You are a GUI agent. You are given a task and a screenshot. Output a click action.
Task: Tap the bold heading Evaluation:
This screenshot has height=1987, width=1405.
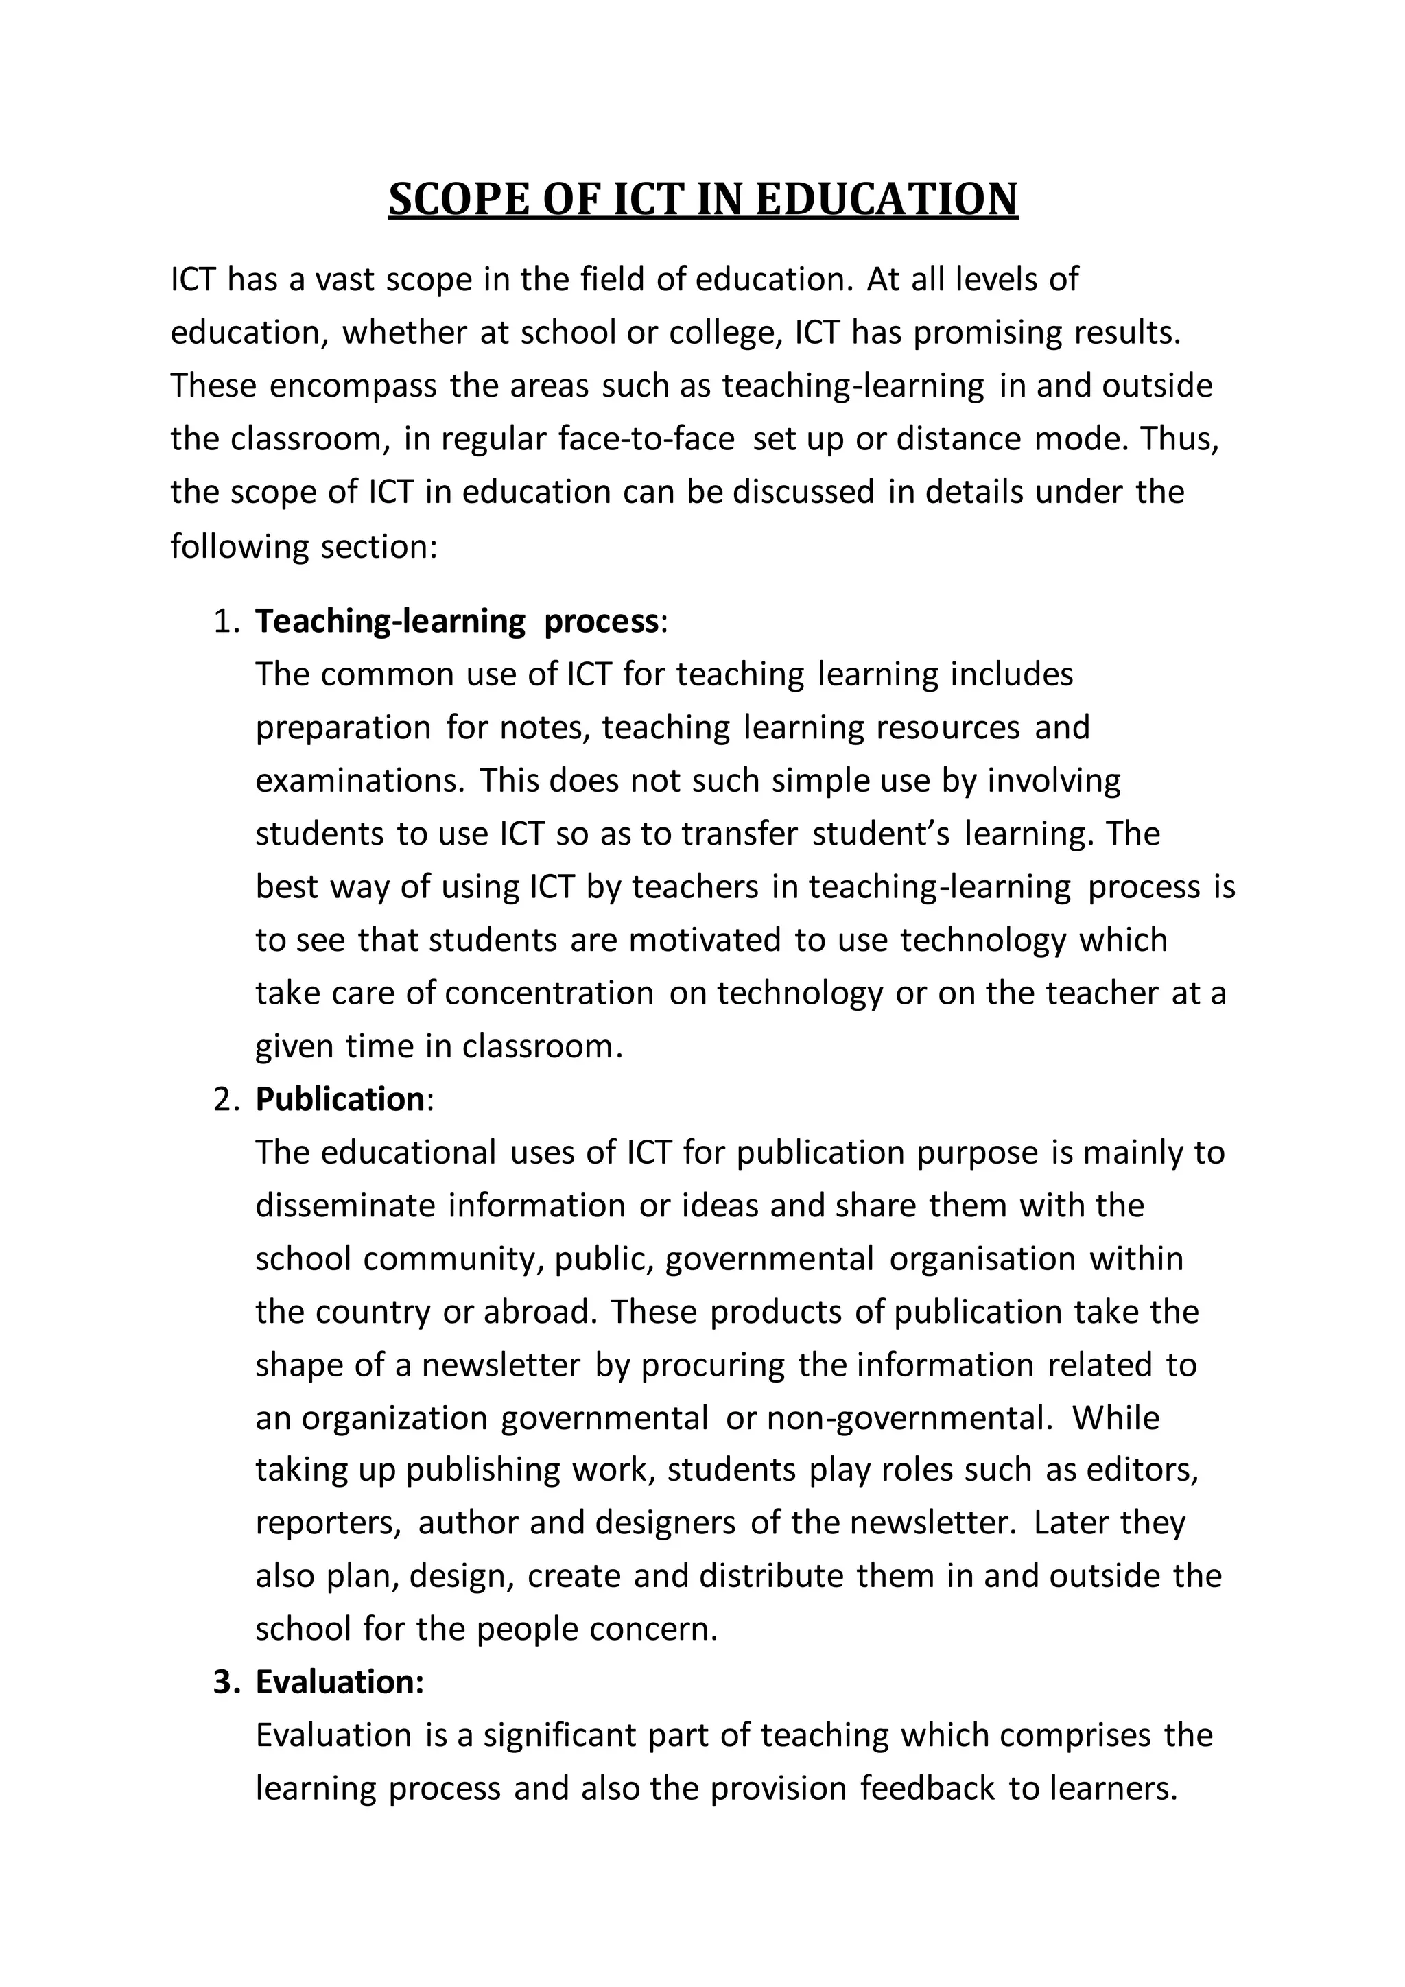pyautogui.click(x=340, y=1682)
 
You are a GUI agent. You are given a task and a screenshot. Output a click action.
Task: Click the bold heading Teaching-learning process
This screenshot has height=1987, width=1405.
pyautogui.click(x=456, y=622)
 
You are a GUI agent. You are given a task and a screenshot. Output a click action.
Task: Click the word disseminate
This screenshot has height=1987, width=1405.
pyautogui.click(x=344, y=1206)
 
